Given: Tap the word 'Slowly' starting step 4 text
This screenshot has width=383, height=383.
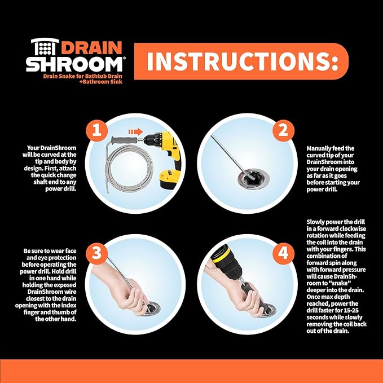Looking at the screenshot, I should coord(317,222).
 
